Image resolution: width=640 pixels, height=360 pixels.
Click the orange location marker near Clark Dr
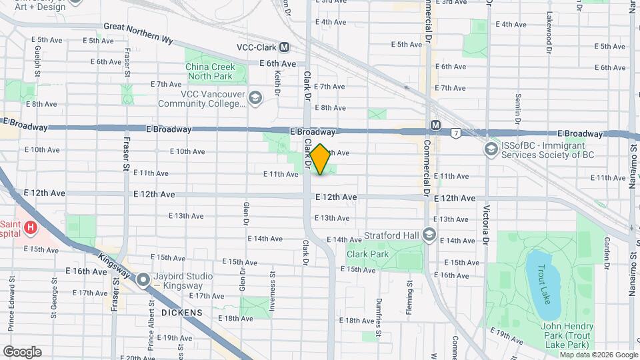pyautogui.click(x=321, y=159)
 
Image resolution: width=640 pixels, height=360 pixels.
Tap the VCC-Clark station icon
pyautogui.click(x=285, y=47)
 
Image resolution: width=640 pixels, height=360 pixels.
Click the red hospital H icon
pyautogui.click(x=30, y=229)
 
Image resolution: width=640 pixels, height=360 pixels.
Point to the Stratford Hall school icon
pyautogui.click(x=429, y=235)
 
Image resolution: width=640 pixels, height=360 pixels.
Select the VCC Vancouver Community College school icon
pyautogui.click(x=255, y=99)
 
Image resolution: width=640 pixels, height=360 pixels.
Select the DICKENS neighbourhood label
pyautogui.click(x=181, y=312)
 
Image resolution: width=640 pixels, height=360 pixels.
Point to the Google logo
pyautogui.click(x=22, y=351)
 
